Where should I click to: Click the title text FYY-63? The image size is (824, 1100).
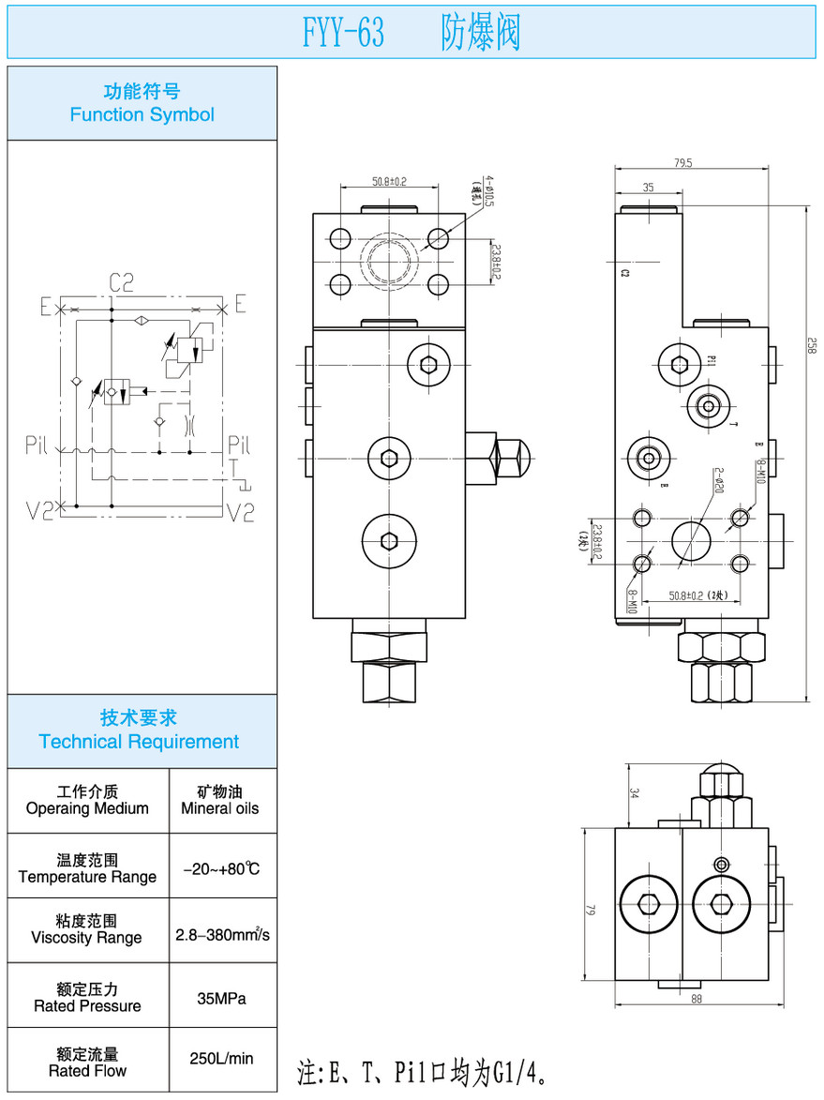click(343, 35)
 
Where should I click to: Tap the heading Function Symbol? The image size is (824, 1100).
click(142, 114)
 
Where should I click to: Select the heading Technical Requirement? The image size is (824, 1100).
click(139, 742)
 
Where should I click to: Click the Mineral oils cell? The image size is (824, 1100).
click(220, 808)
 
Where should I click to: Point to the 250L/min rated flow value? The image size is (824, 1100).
click(222, 1059)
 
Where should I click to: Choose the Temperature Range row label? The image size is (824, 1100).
click(87, 877)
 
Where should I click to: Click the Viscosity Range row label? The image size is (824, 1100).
click(87, 938)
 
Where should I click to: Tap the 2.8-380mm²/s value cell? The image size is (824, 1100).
click(223, 935)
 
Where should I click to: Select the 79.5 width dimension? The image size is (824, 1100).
click(709, 163)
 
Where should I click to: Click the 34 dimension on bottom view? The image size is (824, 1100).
click(634, 793)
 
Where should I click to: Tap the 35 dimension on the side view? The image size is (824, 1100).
click(649, 188)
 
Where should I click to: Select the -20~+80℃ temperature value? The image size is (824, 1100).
click(222, 869)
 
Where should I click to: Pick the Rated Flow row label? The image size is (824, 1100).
click(87, 1071)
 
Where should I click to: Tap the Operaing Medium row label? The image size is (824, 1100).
click(87, 808)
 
